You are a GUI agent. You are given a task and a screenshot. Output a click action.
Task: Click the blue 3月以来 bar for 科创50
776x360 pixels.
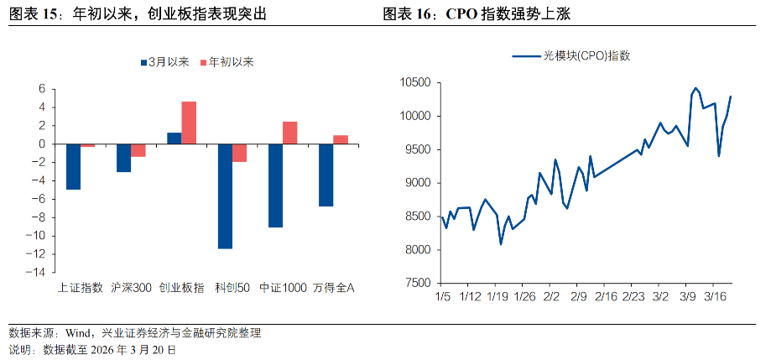(x=225, y=196)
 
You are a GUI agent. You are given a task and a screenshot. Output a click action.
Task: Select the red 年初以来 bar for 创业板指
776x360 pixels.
(x=190, y=123)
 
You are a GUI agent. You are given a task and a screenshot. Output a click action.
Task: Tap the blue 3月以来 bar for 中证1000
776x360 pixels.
(x=275, y=185)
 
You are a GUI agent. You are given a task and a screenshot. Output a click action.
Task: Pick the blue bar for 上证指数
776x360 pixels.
(x=73, y=166)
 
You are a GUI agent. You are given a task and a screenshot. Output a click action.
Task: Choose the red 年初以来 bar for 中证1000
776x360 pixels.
(x=290, y=133)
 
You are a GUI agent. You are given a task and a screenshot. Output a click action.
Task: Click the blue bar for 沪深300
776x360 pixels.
(x=123, y=158)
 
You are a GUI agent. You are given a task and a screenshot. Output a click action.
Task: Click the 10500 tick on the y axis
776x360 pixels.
(x=414, y=82)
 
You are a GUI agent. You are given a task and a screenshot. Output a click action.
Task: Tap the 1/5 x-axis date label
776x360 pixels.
(x=443, y=296)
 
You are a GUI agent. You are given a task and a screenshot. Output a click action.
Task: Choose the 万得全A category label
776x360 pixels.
(x=334, y=288)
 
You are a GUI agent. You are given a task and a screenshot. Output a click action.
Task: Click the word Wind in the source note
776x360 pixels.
(x=70, y=333)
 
